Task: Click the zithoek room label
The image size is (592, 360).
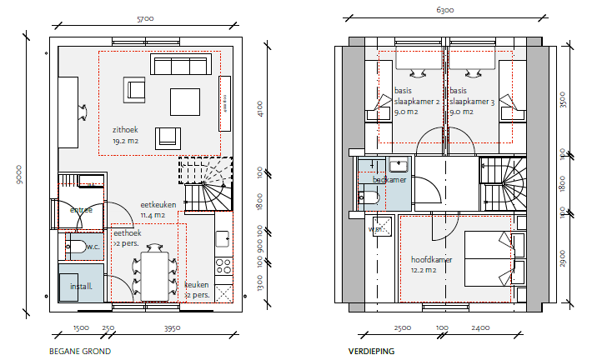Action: [x=125, y=130]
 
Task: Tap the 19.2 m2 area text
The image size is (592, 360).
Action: [x=125, y=142]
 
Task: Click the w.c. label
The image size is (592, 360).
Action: [x=93, y=247]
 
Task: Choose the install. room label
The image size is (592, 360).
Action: [x=86, y=286]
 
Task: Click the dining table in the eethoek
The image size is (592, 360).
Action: [x=154, y=275]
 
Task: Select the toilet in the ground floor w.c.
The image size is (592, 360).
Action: [x=75, y=247]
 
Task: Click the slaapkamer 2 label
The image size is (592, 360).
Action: [x=417, y=101]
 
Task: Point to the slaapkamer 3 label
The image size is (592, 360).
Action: [x=471, y=101]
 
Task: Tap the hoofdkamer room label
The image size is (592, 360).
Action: [x=432, y=259]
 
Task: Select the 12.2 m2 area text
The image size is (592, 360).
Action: [x=425, y=270]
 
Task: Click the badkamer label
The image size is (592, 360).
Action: [x=389, y=179]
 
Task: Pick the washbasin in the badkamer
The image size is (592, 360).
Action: [x=399, y=164]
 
